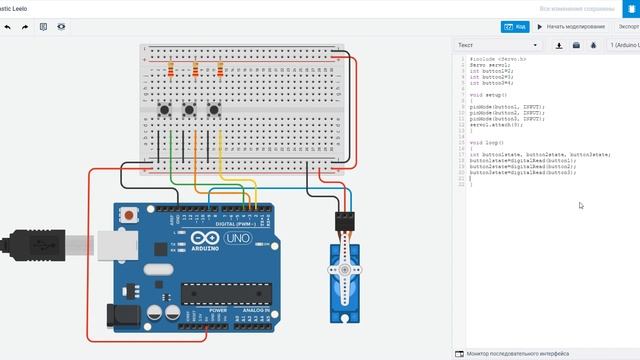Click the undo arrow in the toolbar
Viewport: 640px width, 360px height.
[x=8, y=27]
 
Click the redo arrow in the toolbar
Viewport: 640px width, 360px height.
[x=24, y=27]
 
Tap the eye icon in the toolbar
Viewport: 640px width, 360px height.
[x=61, y=27]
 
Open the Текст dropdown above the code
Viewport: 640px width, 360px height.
[x=497, y=45]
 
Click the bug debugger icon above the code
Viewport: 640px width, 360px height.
[x=593, y=45]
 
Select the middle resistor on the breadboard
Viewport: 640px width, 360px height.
[x=195, y=70]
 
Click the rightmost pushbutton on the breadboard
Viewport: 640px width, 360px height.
[x=214, y=108]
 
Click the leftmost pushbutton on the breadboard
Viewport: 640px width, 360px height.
[x=164, y=108]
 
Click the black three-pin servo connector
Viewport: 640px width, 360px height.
[x=343, y=217]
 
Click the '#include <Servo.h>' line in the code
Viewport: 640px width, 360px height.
[x=497, y=60]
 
